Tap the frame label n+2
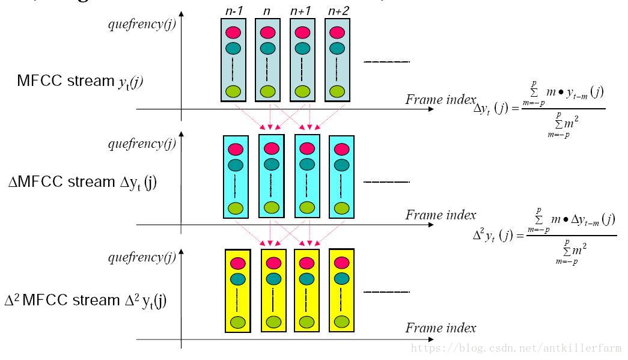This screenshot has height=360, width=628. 338,10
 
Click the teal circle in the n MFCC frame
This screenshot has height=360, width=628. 268,47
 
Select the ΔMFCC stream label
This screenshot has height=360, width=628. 83,182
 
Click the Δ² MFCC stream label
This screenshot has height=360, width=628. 85,300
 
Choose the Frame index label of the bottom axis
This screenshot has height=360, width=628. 441,328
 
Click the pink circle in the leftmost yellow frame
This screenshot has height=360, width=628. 239,263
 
